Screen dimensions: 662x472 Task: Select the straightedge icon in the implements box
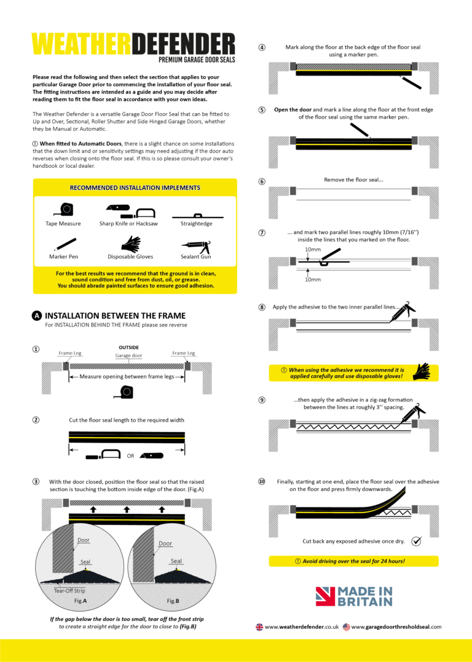(x=197, y=216)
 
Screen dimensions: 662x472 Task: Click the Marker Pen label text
(x=63, y=256)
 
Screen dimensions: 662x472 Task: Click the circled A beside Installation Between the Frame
(x=37, y=316)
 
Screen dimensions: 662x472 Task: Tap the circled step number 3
(x=36, y=481)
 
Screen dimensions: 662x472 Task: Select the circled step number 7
(x=262, y=233)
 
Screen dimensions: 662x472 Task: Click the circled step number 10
(x=262, y=481)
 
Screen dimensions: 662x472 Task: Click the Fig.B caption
(x=173, y=600)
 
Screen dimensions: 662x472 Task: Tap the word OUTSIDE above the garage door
(x=128, y=347)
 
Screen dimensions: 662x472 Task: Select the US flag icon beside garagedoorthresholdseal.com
(x=346, y=627)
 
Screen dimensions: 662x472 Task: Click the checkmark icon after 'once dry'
(x=416, y=541)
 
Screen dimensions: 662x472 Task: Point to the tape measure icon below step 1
(x=126, y=392)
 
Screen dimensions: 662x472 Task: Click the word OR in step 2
(x=130, y=456)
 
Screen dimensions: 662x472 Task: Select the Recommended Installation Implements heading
(x=135, y=187)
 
